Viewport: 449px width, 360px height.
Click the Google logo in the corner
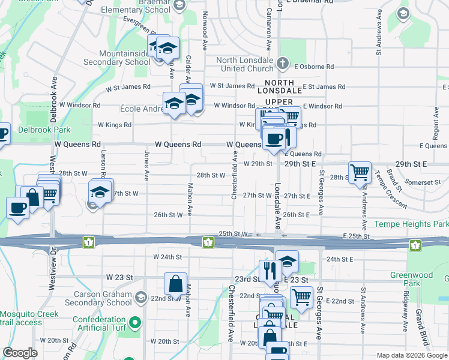click(20, 353)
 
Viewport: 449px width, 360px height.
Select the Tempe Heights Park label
click(411, 224)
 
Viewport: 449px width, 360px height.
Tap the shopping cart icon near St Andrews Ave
click(360, 172)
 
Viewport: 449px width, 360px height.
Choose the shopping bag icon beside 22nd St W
click(175, 284)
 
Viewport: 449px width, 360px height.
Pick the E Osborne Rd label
click(313, 66)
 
